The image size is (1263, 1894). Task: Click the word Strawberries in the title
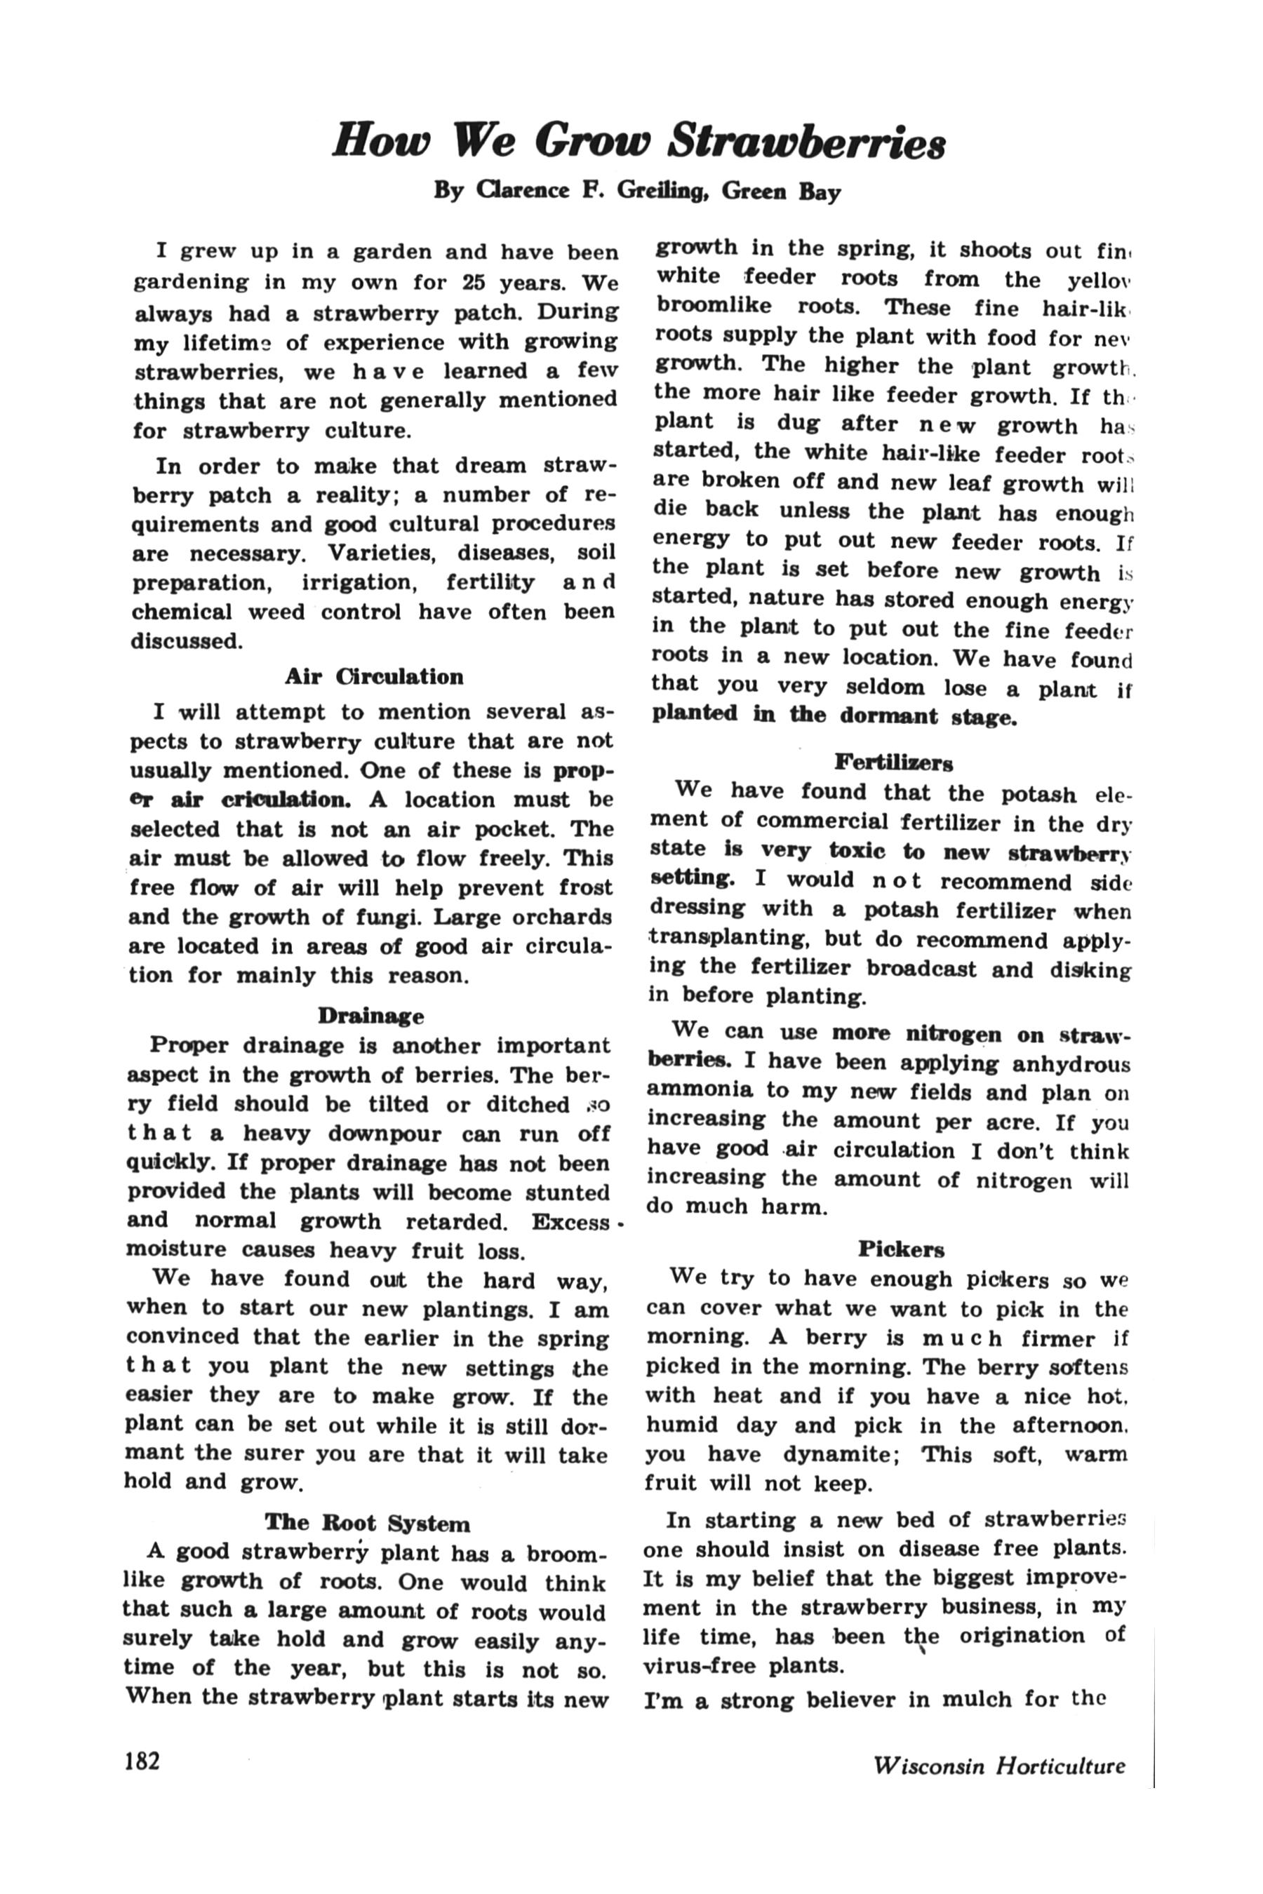[x=807, y=142]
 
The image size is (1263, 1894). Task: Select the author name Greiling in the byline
[x=662, y=191]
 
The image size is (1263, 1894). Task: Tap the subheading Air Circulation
[x=374, y=676]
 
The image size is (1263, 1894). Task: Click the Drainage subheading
[x=370, y=1016]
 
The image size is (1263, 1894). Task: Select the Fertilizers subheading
[x=893, y=761]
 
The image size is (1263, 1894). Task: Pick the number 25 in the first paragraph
[x=474, y=283]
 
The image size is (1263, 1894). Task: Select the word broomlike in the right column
[x=714, y=305]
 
